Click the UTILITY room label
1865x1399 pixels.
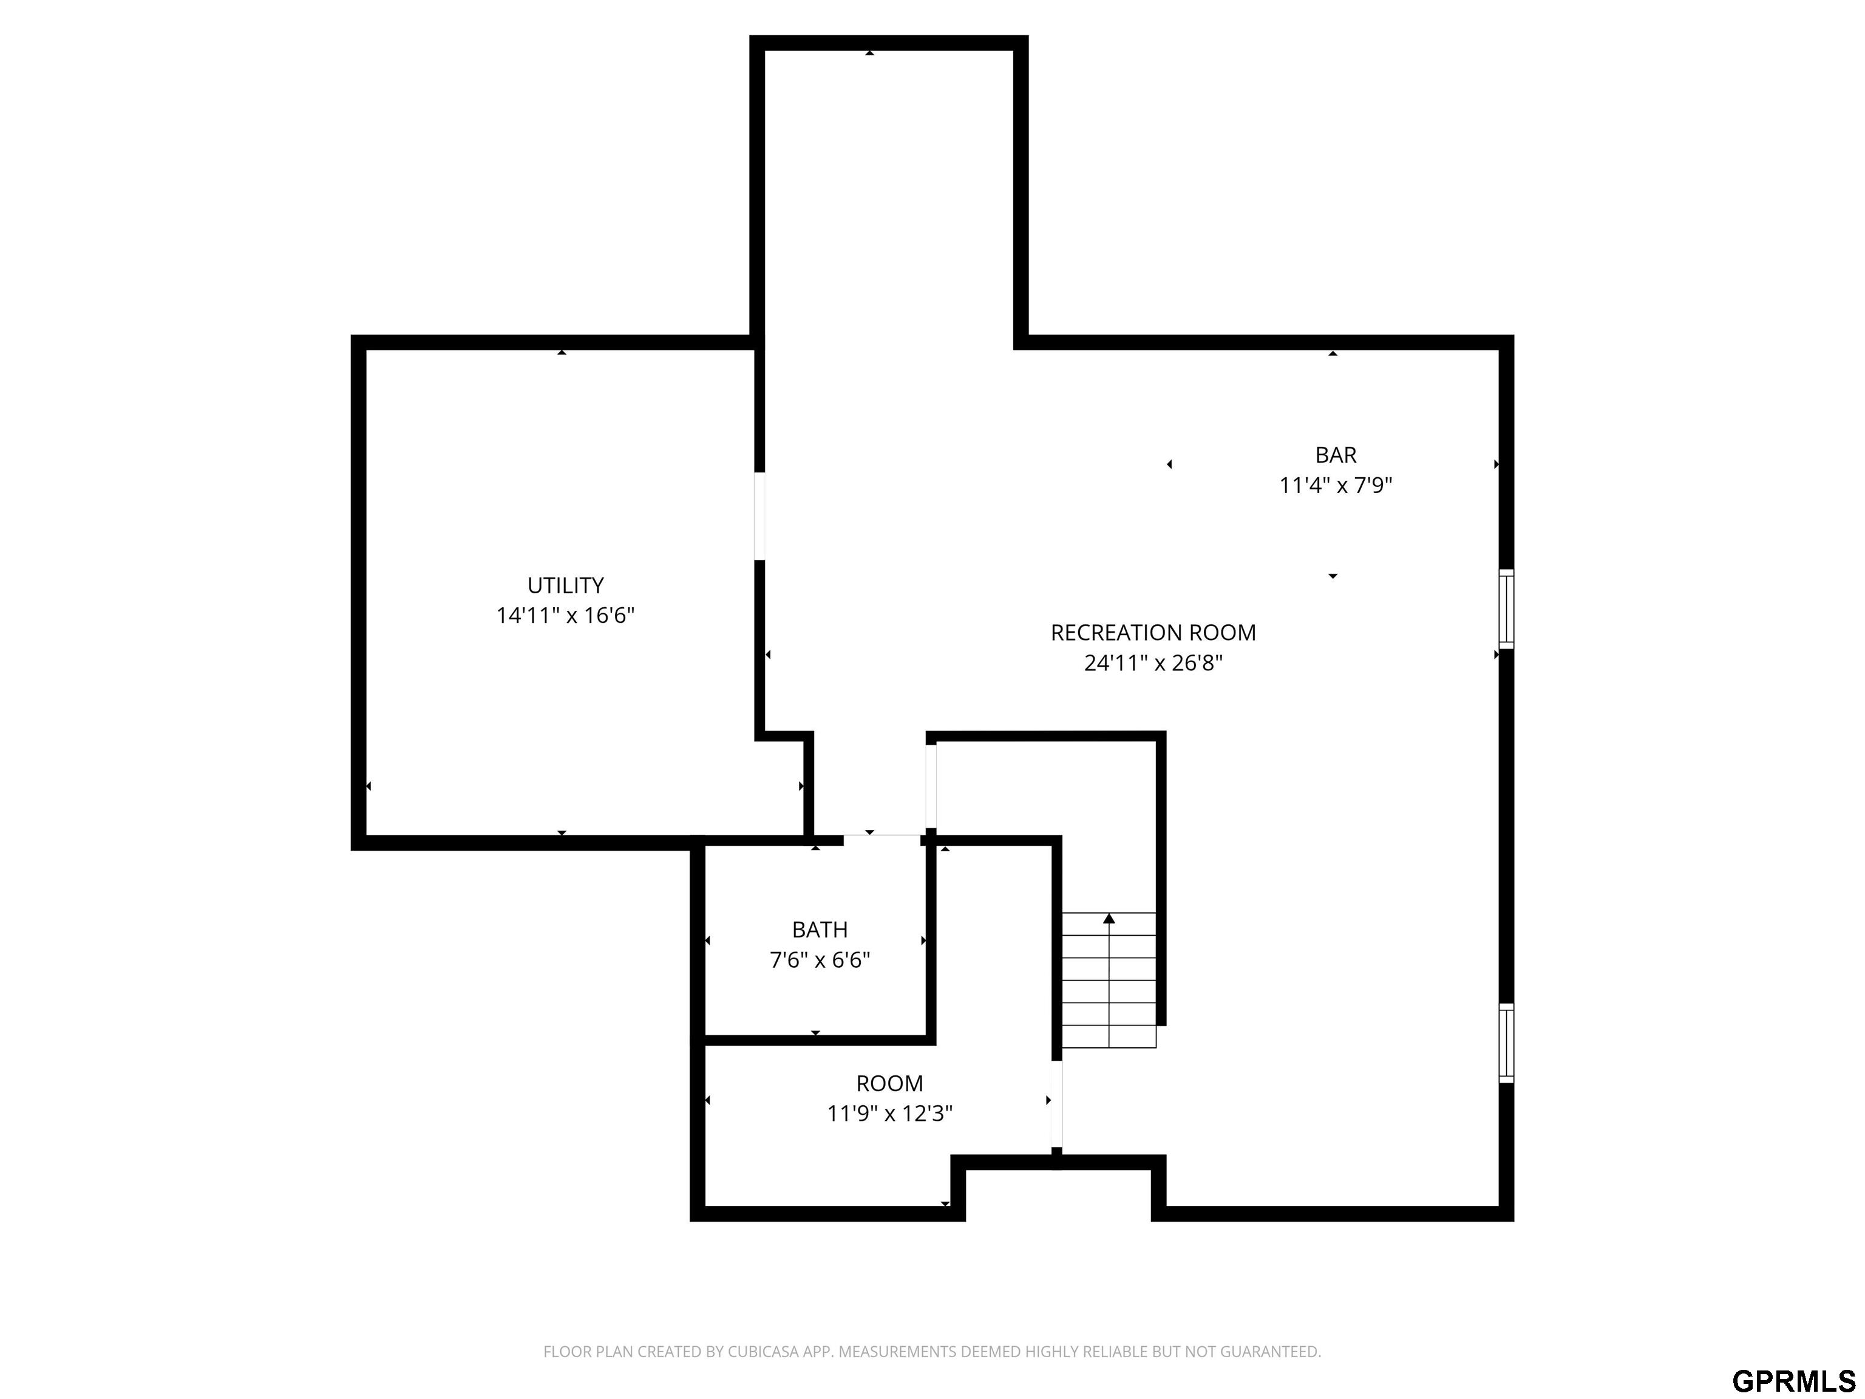coord(565,585)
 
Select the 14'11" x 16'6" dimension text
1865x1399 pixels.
coord(565,616)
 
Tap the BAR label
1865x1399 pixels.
coord(1336,455)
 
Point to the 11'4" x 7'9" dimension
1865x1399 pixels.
coord(1336,486)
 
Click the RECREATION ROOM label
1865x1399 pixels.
coord(1152,633)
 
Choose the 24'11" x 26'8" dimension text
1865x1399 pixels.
coord(1152,663)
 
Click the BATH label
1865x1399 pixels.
coord(820,929)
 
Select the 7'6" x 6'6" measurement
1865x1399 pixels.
coord(820,959)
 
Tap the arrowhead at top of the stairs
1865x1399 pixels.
coord(1109,918)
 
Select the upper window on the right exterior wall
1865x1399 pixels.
coord(1506,609)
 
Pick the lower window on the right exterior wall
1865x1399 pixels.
coord(1506,1043)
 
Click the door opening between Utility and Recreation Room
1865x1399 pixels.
coord(759,516)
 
